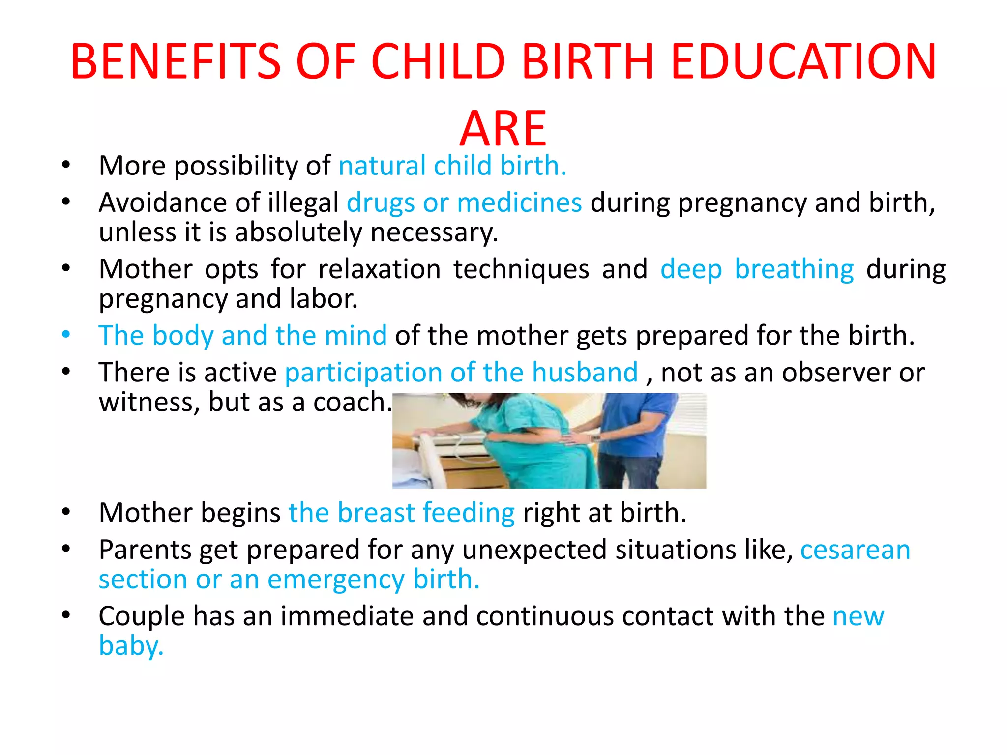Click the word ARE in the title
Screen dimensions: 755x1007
503,129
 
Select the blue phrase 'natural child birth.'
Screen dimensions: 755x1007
452,166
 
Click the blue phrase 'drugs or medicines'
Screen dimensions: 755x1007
464,203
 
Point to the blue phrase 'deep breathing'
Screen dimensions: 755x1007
757,269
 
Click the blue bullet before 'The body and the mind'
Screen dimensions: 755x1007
66,335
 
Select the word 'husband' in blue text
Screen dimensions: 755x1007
585,372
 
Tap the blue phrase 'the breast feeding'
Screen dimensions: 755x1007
401,513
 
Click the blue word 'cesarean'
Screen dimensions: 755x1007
855,550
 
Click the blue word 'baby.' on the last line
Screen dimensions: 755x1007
131,645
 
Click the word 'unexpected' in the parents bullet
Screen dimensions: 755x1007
534,550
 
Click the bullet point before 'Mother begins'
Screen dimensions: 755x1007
66,512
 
